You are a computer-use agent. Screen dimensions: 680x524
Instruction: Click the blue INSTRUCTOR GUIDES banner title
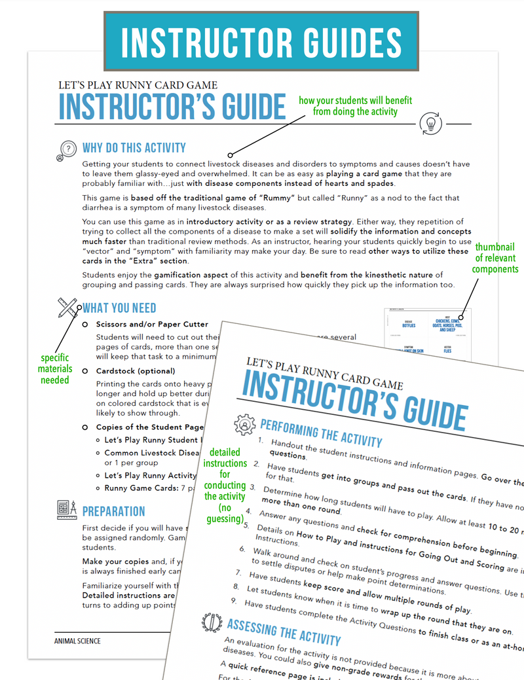click(262, 40)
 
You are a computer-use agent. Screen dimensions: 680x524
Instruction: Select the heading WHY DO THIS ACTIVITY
click(134, 148)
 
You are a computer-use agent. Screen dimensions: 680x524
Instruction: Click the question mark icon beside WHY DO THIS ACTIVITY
click(67, 150)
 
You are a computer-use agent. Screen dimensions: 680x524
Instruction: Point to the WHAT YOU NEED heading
click(119, 308)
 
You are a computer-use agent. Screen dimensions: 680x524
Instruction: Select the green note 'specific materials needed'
click(55, 368)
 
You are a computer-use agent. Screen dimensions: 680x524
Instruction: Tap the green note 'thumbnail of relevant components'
click(496, 257)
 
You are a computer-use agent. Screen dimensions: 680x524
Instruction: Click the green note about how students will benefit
click(355, 105)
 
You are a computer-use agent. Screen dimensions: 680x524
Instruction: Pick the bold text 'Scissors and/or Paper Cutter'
click(152, 324)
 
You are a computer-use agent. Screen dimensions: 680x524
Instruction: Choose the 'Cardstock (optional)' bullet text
click(134, 370)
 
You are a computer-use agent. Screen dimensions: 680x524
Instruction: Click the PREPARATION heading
click(114, 511)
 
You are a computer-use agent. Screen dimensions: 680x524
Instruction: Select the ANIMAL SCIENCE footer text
click(77, 640)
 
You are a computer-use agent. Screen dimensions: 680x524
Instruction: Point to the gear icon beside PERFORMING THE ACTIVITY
click(244, 423)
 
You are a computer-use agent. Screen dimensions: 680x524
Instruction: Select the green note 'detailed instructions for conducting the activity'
click(225, 485)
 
